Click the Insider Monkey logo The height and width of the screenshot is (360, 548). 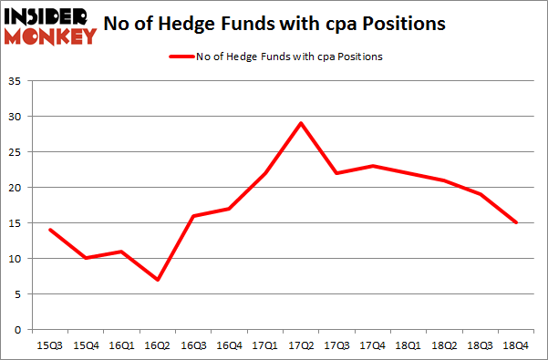point(51,26)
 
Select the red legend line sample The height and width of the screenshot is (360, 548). point(181,57)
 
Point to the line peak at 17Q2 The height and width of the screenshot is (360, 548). point(301,123)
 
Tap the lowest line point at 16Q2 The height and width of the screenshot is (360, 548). point(158,279)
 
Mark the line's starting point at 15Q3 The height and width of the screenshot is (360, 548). point(50,230)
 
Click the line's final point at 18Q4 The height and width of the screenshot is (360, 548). point(516,222)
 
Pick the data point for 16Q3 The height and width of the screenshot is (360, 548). point(193,216)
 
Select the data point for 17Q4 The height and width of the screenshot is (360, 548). point(373,166)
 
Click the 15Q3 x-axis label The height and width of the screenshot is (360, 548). point(50,345)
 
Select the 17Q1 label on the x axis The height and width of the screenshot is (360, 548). point(265,345)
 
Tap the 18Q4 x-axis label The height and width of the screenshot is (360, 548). point(516,345)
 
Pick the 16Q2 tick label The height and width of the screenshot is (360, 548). point(158,345)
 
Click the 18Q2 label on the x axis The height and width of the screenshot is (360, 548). point(445,345)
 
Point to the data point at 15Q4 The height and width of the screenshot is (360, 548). point(86,258)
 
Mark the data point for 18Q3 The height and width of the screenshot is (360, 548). point(481,194)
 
